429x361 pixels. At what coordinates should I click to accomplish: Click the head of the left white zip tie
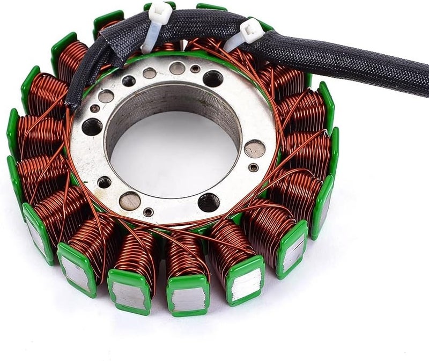tap(160, 11)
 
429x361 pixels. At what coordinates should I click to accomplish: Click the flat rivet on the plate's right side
tap(254, 148)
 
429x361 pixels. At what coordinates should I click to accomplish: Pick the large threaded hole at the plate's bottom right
tap(208, 203)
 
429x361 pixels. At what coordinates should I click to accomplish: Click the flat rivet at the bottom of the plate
tap(130, 201)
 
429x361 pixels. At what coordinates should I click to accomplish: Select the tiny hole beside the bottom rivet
tap(149, 212)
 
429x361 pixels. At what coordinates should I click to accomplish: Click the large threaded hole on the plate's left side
tap(92, 127)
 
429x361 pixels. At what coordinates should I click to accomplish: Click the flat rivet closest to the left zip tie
tap(177, 68)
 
